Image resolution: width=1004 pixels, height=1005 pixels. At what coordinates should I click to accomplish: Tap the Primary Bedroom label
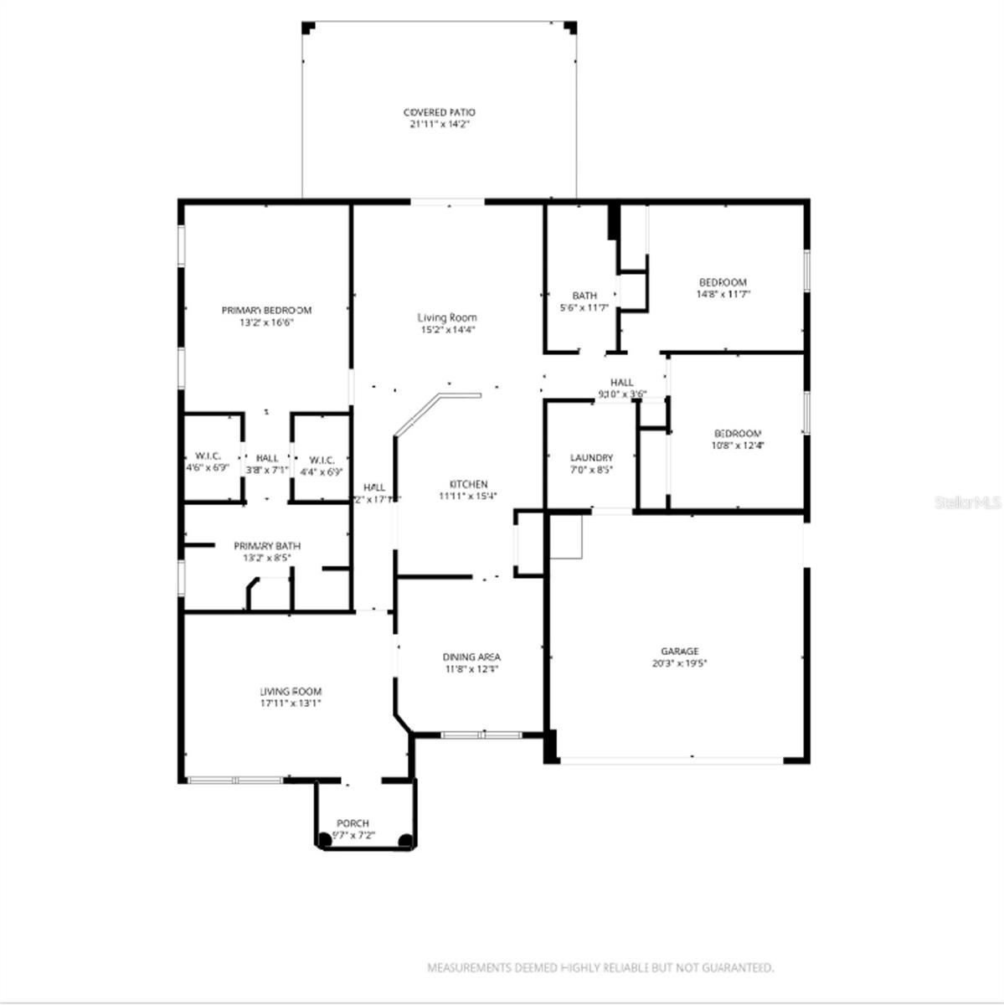[x=266, y=310]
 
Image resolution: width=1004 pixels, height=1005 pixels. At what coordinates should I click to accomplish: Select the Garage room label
[x=679, y=651]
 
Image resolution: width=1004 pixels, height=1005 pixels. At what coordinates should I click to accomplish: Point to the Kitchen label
[x=468, y=484]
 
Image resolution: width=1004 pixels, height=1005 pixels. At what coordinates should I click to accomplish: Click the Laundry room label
[x=591, y=458]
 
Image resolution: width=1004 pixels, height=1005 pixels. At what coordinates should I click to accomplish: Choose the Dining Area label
[x=471, y=657]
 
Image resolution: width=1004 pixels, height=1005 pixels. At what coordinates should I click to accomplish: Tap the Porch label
[x=353, y=823]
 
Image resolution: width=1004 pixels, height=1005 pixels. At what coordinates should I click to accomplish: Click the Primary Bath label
[x=267, y=546]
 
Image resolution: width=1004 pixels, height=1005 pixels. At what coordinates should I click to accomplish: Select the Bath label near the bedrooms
[x=584, y=296]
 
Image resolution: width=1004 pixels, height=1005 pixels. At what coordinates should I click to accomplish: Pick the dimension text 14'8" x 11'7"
[x=723, y=294]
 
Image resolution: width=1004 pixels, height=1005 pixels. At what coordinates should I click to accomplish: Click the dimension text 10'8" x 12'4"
[x=738, y=446]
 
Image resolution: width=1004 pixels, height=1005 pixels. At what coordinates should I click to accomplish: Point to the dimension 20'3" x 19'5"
[x=679, y=663]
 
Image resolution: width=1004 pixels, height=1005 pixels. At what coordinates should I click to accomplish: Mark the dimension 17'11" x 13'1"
[x=291, y=703]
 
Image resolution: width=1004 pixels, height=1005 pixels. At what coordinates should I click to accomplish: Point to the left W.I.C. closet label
[x=202, y=456]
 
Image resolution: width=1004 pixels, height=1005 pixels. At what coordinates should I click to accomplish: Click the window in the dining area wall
[x=481, y=735]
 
